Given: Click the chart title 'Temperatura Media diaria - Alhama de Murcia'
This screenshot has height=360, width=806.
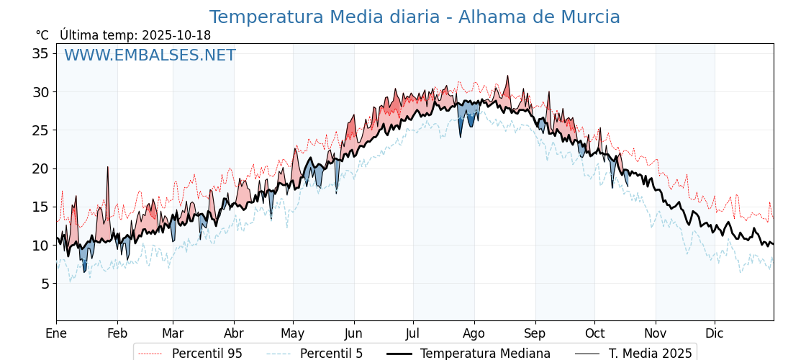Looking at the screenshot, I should coord(415,17).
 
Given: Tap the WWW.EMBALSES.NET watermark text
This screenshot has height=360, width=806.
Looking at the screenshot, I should coord(150,55).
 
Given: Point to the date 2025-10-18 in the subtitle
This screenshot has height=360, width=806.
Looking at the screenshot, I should coord(176,35).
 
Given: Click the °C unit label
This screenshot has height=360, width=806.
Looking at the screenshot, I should coord(42,35).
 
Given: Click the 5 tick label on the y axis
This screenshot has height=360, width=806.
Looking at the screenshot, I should coord(45,284).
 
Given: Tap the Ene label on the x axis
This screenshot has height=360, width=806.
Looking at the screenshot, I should coord(56,333).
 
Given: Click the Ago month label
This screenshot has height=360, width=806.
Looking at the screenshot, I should coord(474,333).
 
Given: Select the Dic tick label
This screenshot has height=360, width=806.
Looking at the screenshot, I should coord(715,333).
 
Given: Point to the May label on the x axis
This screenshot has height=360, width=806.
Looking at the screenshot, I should coord(293,333).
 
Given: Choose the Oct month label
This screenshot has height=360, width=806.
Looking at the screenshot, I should coord(594,333).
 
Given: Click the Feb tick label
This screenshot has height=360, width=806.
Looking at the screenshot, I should coord(117,333).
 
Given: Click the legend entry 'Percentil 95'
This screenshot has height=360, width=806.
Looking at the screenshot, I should coord(207,354).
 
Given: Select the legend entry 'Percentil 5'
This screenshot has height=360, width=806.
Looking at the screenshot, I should coord(331,354).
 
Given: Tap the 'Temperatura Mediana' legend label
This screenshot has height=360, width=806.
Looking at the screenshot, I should coord(485,354).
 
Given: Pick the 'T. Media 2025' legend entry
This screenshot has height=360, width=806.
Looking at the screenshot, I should coord(650,354).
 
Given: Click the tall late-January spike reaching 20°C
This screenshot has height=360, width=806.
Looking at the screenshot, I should coord(108,168).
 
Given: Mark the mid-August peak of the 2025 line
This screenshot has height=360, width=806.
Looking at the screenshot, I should coord(507,76).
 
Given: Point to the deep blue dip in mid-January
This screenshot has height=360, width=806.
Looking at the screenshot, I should coord(84,270).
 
